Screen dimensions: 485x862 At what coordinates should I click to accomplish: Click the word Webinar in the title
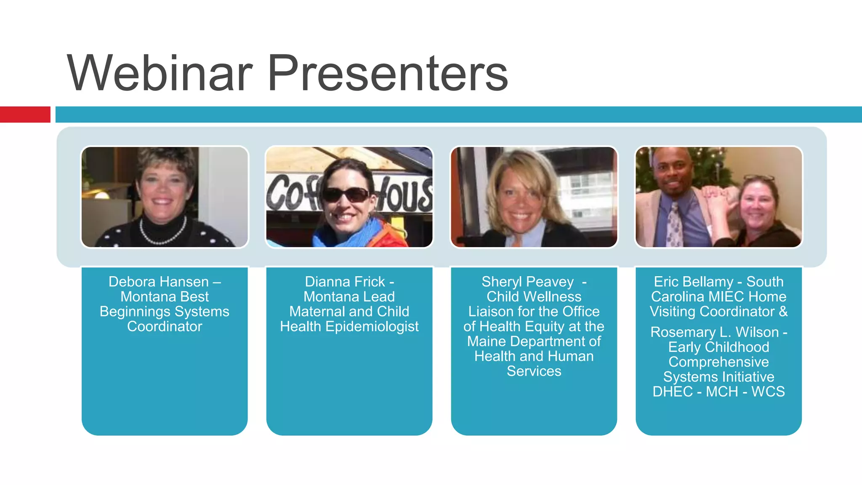pos(160,74)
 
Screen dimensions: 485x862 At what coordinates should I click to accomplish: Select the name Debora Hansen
pos(159,282)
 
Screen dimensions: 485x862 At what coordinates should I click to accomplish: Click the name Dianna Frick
pos(345,282)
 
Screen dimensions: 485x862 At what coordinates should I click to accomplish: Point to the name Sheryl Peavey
pos(527,282)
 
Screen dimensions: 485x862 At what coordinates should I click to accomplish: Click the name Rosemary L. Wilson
pos(714,332)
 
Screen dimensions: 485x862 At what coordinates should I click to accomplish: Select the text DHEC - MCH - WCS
pos(718,392)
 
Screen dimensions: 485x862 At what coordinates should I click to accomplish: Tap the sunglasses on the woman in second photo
pos(346,195)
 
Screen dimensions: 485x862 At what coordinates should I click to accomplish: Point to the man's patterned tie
pos(675,225)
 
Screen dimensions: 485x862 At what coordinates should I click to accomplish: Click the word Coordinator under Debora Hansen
pos(165,326)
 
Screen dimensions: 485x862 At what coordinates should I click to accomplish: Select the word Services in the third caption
pos(534,371)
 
